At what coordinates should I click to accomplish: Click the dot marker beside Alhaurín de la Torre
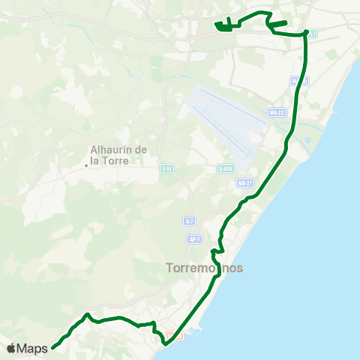[x=86, y=166]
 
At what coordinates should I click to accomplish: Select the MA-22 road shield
[x=277, y=112]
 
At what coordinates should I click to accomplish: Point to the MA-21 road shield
[x=244, y=183]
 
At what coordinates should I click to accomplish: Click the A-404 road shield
[x=226, y=169]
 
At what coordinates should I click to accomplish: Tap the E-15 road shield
[x=166, y=169]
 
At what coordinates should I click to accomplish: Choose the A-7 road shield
[x=190, y=221]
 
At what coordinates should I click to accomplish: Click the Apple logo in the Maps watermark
[x=11, y=348]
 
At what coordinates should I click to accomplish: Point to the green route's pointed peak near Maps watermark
[x=88, y=314]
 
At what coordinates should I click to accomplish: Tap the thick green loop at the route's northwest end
[x=223, y=27]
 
